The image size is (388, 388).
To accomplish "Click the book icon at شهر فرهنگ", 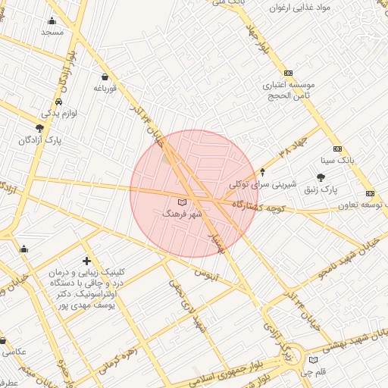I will click(x=181, y=202).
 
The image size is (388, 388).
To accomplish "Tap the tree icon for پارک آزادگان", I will click(x=39, y=129).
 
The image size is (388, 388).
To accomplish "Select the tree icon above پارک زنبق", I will click(x=321, y=177).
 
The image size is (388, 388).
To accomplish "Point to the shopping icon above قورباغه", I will click(x=104, y=77).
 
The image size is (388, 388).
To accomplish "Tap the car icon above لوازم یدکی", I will click(x=59, y=102).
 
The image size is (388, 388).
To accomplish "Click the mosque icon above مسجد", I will click(x=52, y=21).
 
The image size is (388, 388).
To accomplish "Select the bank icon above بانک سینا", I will click(x=337, y=149).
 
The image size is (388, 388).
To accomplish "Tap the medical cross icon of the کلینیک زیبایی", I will click(x=87, y=261).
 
